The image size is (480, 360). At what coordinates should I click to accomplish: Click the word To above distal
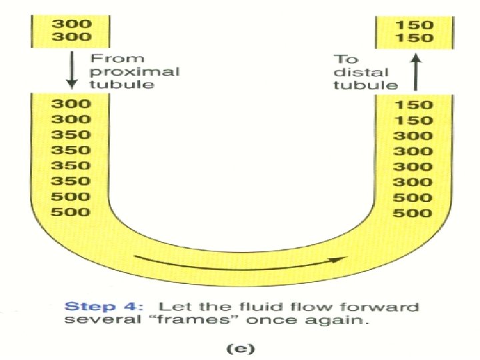pyautogui.click(x=347, y=59)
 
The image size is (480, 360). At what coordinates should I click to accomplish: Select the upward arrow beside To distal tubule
pyautogui.click(x=414, y=72)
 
